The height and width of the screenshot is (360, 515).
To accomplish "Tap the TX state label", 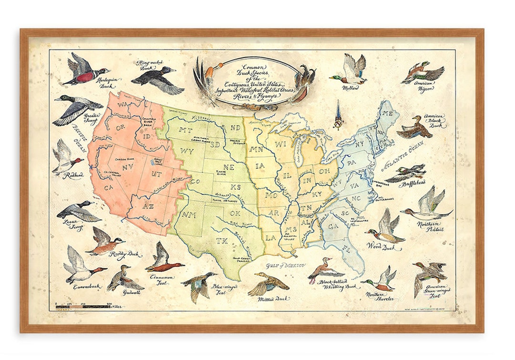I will pyautogui.click(x=222, y=241).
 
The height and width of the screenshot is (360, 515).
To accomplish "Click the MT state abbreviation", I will pyautogui.click(x=185, y=130).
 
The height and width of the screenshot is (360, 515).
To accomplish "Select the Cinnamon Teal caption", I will pyautogui.click(x=165, y=279).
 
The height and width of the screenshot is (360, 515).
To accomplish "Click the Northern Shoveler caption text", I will pyautogui.click(x=380, y=297).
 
